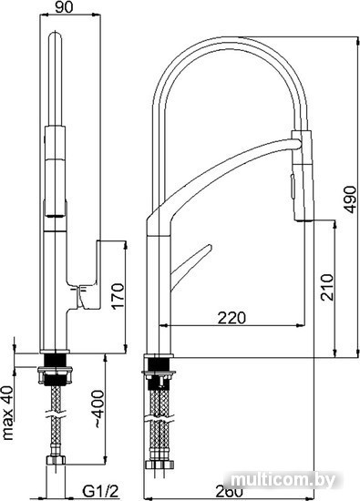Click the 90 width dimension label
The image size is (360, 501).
[64, 6]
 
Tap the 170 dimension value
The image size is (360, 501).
[118, 295]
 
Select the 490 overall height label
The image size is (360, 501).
[351, 199]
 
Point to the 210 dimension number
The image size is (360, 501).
[327, 287]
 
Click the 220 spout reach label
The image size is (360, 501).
[231, 317]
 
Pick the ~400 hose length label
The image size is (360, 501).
[98, 409]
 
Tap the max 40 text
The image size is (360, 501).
[8, 414]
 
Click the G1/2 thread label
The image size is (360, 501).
[100, 491]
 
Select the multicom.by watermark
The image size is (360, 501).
[283, 479]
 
